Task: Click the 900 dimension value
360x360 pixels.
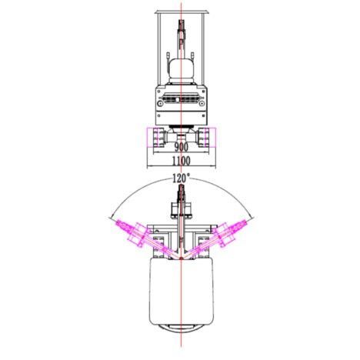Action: tap(182, 147)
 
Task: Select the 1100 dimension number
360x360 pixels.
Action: tap(182, 161)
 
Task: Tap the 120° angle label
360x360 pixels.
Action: tap(181, 178)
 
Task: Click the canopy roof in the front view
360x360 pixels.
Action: tap(182, 12)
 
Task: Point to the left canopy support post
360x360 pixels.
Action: tap(159, 48)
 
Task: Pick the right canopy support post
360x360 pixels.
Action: tap(204, 48)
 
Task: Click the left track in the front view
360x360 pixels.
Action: tap(158, 138)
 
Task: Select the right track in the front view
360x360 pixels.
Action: tap(204, 138)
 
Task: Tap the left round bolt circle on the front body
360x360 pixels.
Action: tap(161, 104)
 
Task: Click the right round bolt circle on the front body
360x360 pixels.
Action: tap(202, 104)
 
